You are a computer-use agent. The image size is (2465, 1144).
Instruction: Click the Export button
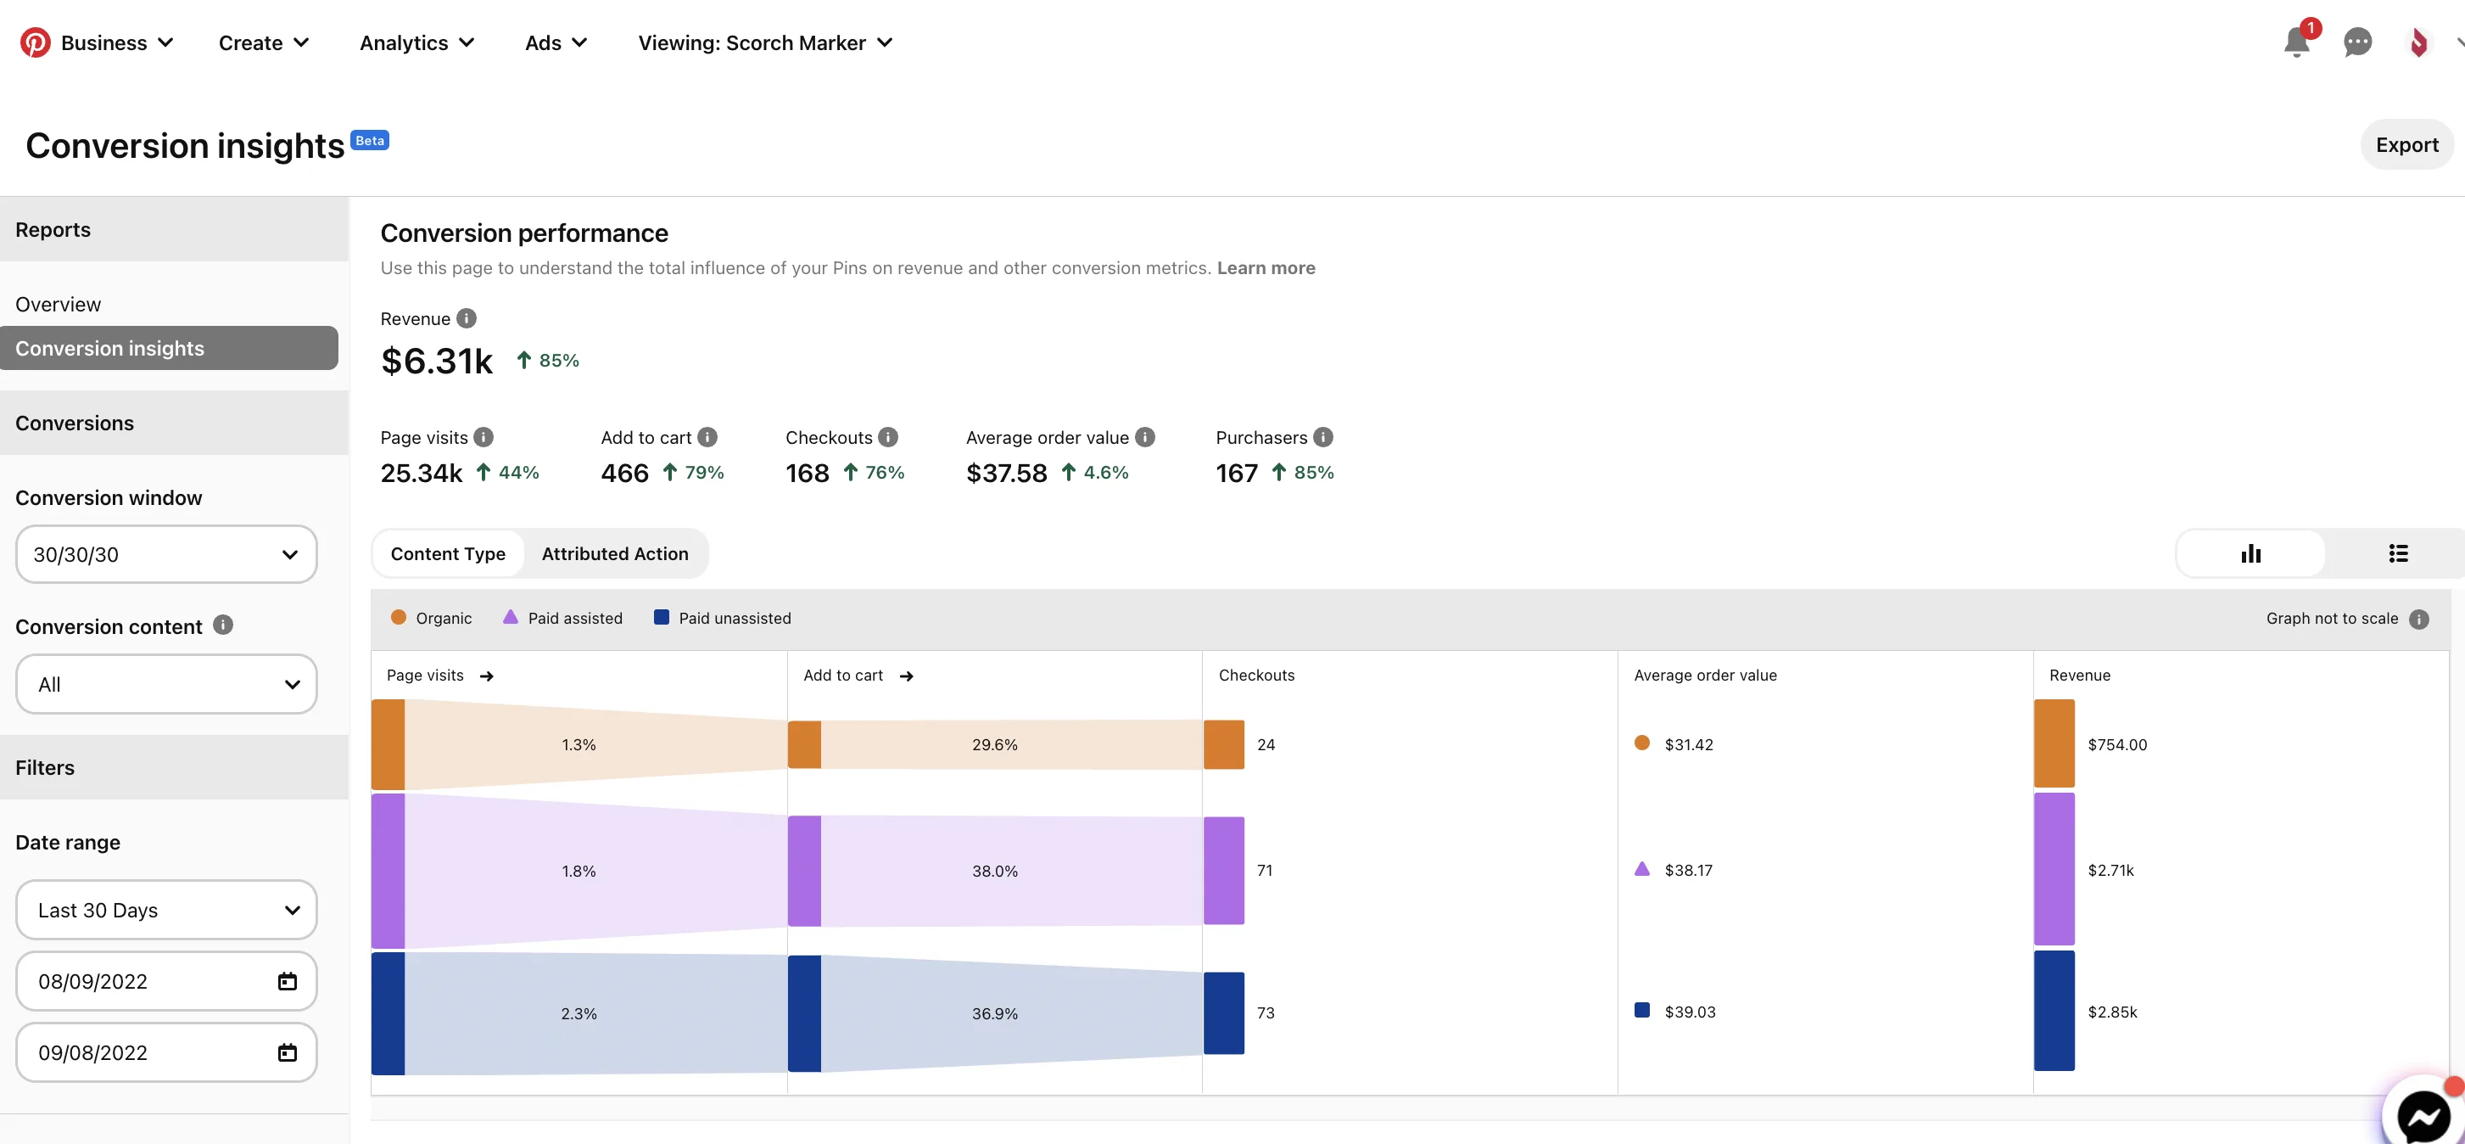[2406, 144]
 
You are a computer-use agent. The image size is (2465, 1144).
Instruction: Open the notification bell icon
[2296, 42]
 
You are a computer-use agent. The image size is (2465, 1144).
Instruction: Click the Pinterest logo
[36, 42]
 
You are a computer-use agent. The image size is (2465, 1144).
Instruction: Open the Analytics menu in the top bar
[416, 43]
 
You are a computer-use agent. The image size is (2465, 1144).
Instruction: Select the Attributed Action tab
[614, 553]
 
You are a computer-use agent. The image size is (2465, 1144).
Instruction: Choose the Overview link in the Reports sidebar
[59, 305]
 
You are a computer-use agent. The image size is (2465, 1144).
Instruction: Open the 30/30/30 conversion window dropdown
[166, 554]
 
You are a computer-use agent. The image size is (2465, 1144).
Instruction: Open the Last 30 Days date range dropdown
[166, 910]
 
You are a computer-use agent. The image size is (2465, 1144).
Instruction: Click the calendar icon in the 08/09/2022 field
[287, 981]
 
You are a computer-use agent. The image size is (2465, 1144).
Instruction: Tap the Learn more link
[1266, 268]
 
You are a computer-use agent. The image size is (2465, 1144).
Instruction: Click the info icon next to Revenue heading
[466, 319]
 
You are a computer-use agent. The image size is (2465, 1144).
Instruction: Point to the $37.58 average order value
[1007, 473]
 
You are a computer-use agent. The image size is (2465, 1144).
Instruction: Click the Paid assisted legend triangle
[510, 616]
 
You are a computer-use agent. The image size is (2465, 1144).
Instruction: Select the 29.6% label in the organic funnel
[995, 745]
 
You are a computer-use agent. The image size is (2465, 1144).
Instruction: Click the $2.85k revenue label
[2112, 1012]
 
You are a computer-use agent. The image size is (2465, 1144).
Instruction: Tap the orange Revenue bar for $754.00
[2054, 743]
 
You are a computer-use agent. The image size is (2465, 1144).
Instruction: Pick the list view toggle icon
[2398, 553]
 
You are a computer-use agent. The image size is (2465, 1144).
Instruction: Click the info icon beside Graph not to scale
[2419, 619]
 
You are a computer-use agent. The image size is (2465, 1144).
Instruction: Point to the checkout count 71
[1265, 870]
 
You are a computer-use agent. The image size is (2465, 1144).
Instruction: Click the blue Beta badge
[369, 141]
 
